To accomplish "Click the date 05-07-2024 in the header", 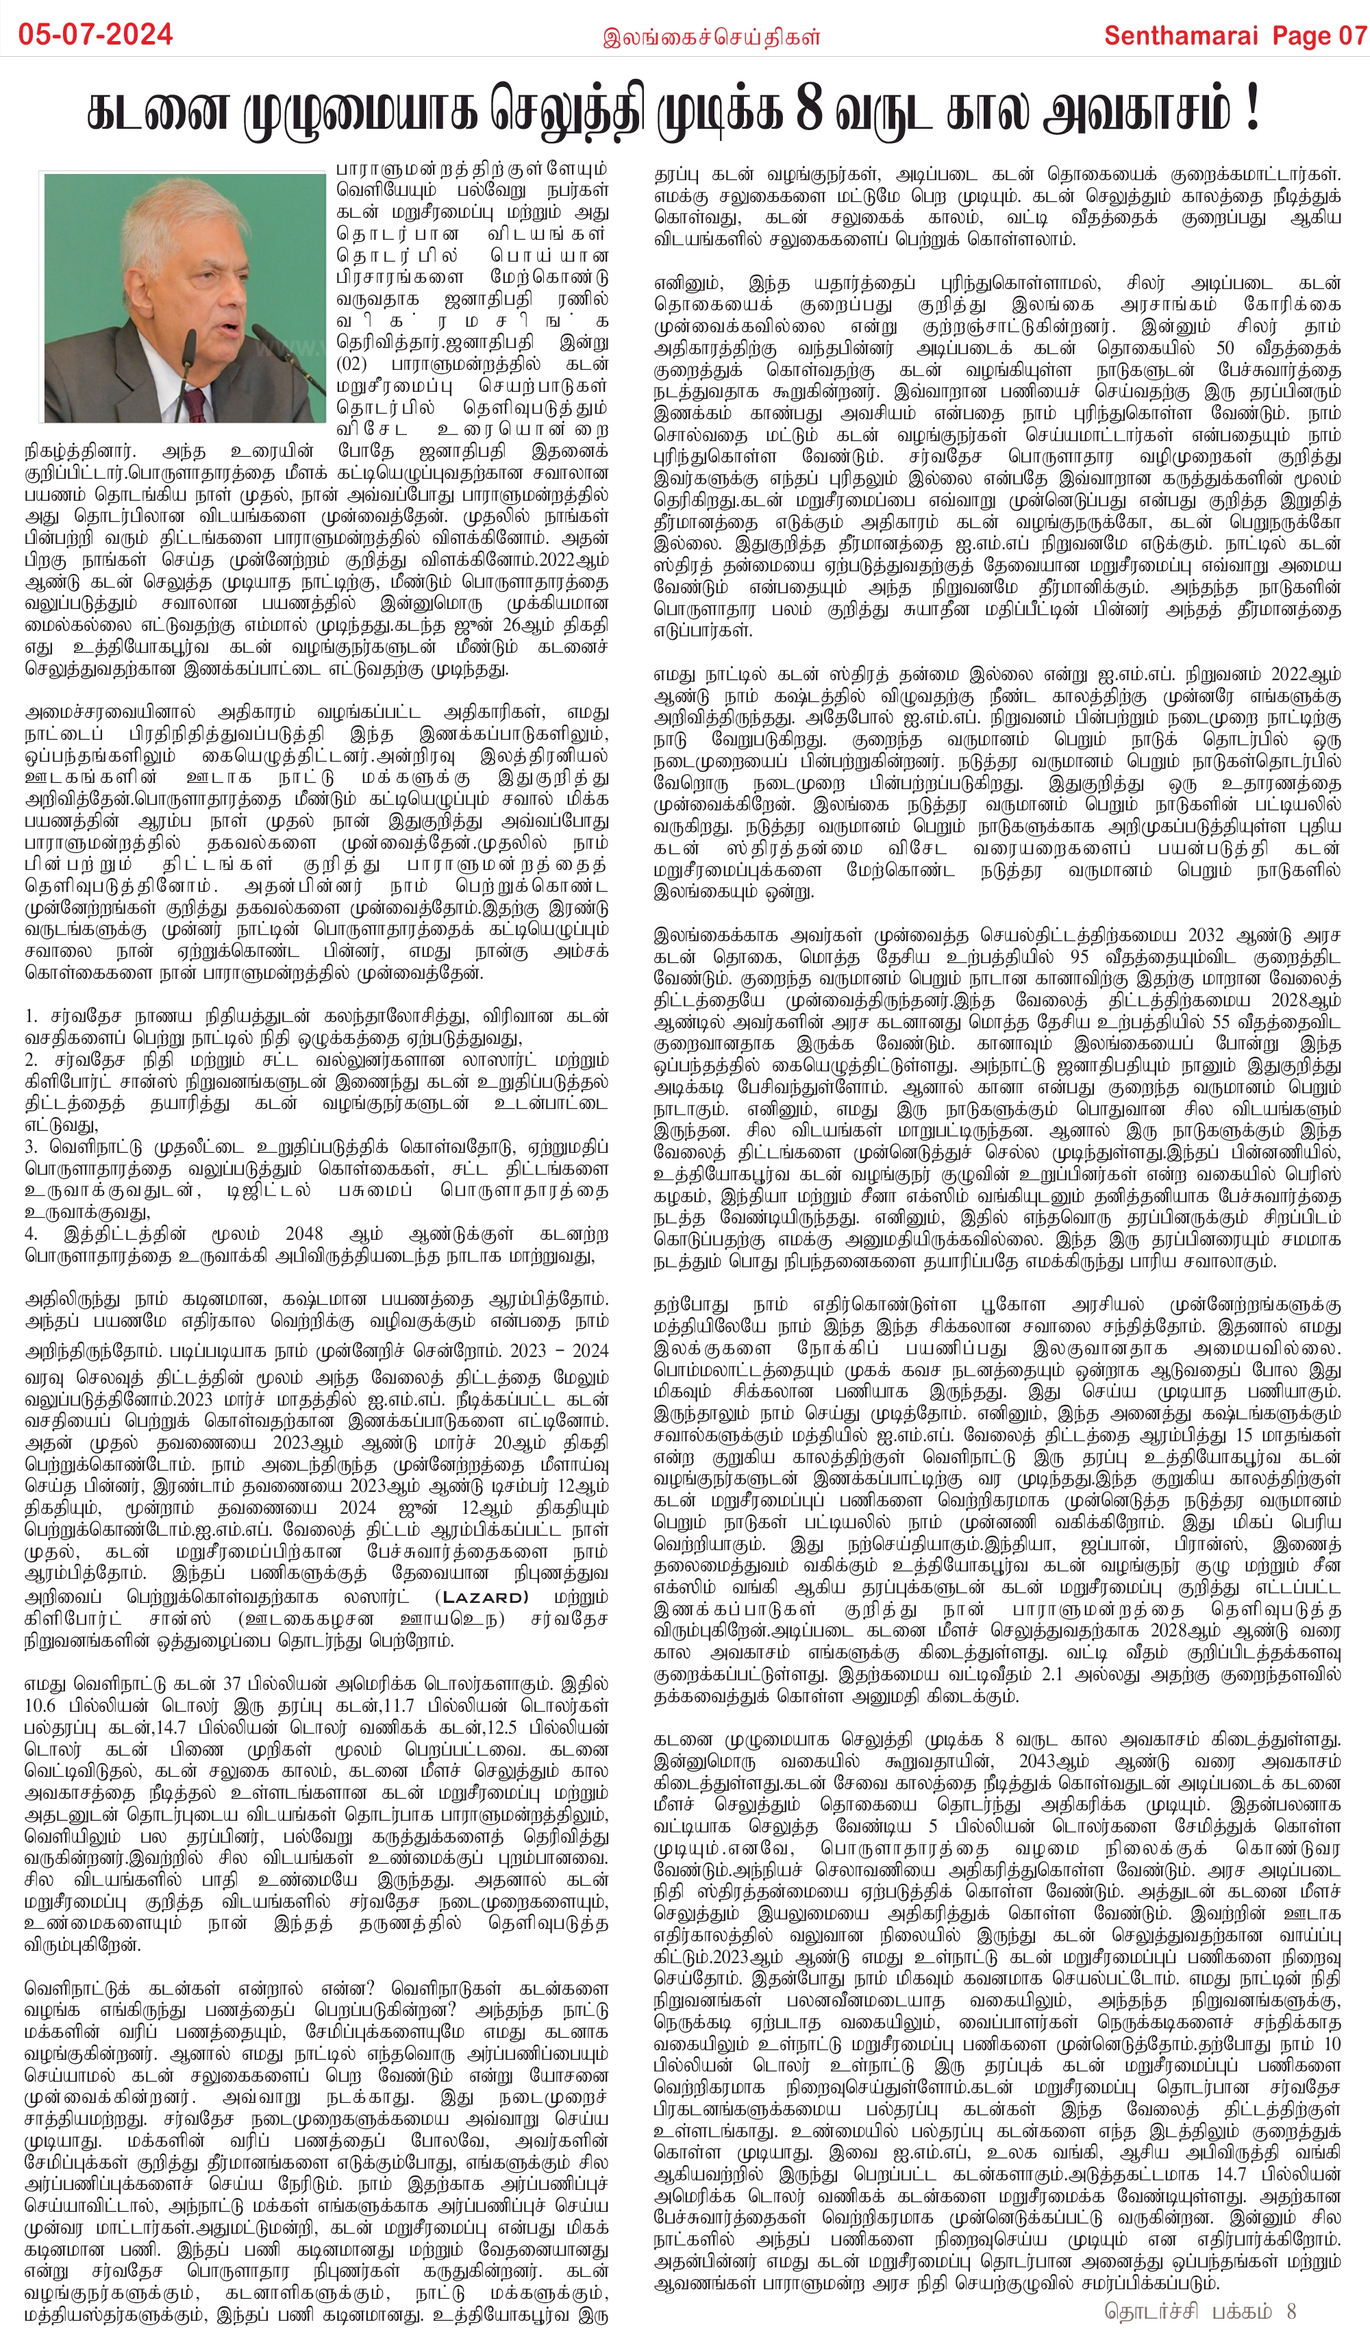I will click(96, 35).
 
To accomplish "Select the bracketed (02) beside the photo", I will click(352, 363).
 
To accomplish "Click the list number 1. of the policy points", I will click(32, 1017).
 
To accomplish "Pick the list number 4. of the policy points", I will click(32, 1234).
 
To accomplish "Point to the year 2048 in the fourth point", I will click(304, 1234).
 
